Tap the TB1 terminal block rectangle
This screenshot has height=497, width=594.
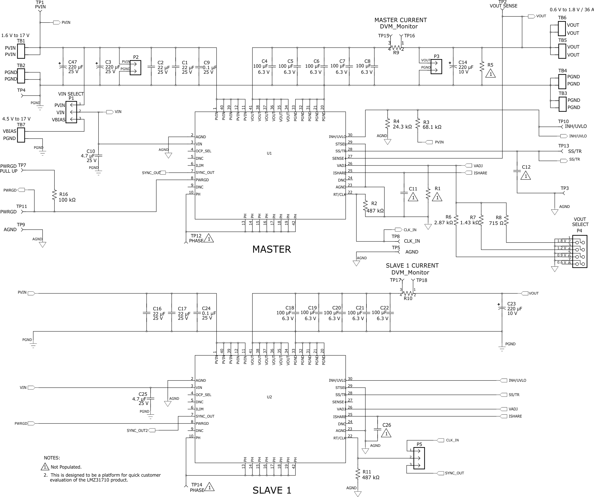click(x=21, y=51)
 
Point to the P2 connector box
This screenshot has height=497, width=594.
click(x=135, y=68)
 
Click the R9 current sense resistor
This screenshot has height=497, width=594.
click(x=396, y=48)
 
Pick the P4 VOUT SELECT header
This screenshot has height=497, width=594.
click(x=579, y=252)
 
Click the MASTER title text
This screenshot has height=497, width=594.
click(x=271, y=249)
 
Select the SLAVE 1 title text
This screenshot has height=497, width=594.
click(x=272, y=490)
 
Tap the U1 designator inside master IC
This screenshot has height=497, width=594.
click(x=269, y=153)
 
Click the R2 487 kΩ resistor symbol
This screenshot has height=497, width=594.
click(x=365, y=205)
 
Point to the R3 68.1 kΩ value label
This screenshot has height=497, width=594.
click(x=432, y=127)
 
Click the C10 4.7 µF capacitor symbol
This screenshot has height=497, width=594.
click(x=98, y=155)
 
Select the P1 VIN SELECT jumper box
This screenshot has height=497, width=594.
click(x=71, y=112)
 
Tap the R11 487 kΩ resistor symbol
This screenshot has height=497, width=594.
click(x=358, y=474)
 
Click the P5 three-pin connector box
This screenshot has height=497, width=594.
click(x=419, y=458)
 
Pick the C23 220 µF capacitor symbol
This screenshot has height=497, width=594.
click(x=502, y=309)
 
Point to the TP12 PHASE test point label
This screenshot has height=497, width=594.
click(x=196, y=238)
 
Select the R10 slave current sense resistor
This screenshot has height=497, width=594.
click(x=408, y=293)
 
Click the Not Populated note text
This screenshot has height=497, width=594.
click(x=66, y=467)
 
